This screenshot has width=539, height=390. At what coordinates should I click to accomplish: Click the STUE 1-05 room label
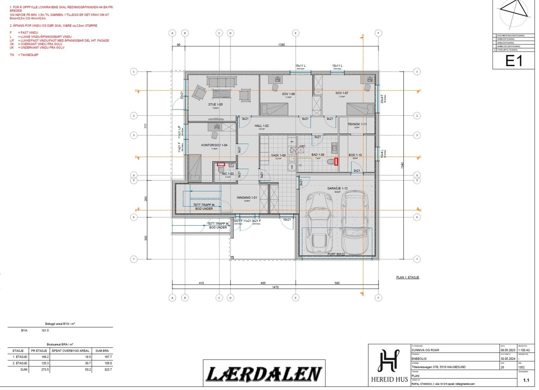[x=215, y=104]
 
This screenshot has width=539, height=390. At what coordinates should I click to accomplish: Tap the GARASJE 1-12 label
[x=337, y=188]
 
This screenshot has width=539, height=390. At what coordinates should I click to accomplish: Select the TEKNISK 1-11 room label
[x=357, y=124]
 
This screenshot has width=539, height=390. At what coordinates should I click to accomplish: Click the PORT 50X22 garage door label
[x=336, y=254]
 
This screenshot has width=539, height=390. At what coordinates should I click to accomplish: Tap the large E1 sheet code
[x=513, y=61]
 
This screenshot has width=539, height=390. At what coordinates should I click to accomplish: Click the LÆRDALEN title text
[x=263, y=374]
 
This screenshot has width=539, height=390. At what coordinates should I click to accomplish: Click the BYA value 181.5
[x=45, y=330]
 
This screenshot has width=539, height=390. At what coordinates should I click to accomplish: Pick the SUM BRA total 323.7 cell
[x=108, y=369]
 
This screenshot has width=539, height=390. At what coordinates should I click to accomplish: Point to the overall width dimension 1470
[x=275, y=287]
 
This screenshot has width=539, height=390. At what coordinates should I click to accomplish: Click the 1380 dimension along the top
[x=281, y=44]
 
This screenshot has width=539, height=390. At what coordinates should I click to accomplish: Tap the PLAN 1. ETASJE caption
[x=407, y=277]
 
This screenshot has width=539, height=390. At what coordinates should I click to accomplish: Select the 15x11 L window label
[x=300, y=66]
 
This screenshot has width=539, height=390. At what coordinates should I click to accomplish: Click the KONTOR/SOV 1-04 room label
[x=214, y=145]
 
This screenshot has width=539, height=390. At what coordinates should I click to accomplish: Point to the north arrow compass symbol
[x=513, y=13]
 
